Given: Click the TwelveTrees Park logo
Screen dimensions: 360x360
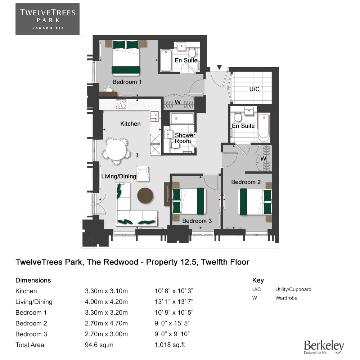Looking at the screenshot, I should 47,19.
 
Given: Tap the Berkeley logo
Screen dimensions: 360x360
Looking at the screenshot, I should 324,346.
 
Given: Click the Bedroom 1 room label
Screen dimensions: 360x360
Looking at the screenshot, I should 127,82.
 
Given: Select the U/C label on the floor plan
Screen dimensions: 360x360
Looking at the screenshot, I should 254,89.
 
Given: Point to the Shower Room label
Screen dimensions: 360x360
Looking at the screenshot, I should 185,138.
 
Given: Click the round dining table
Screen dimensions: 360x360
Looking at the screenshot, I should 116,149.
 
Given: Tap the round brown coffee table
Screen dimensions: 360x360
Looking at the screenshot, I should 145,195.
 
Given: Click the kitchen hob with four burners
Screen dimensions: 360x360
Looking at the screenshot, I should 121,104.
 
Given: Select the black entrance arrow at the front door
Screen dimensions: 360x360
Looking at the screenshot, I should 219,67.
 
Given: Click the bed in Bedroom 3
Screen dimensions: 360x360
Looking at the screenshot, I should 189,201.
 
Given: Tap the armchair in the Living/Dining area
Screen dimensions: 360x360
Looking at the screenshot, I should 143,173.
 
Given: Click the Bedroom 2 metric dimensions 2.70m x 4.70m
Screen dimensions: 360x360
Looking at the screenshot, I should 106,323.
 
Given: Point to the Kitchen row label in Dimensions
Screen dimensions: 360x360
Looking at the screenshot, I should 26,291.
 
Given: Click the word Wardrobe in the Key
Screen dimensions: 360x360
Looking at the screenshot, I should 286,298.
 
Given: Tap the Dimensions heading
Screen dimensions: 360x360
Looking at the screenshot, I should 33,280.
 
